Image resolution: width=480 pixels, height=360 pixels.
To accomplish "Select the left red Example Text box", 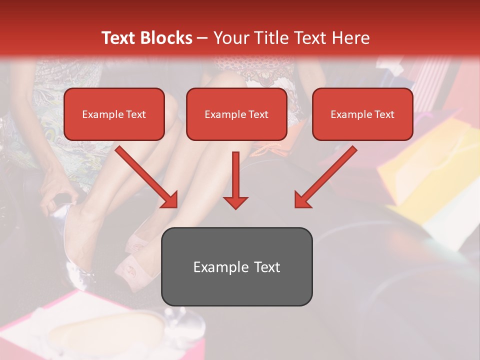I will [x=114, y=114].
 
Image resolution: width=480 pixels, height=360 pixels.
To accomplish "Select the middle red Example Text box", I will [x=236, y=114].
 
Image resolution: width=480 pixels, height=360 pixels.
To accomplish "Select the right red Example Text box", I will [x=362, y=114].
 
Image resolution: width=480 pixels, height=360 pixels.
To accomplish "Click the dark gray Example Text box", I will [x=236, y=266].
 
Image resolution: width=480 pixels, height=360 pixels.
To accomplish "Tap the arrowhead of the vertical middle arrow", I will [x=235, y=202].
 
